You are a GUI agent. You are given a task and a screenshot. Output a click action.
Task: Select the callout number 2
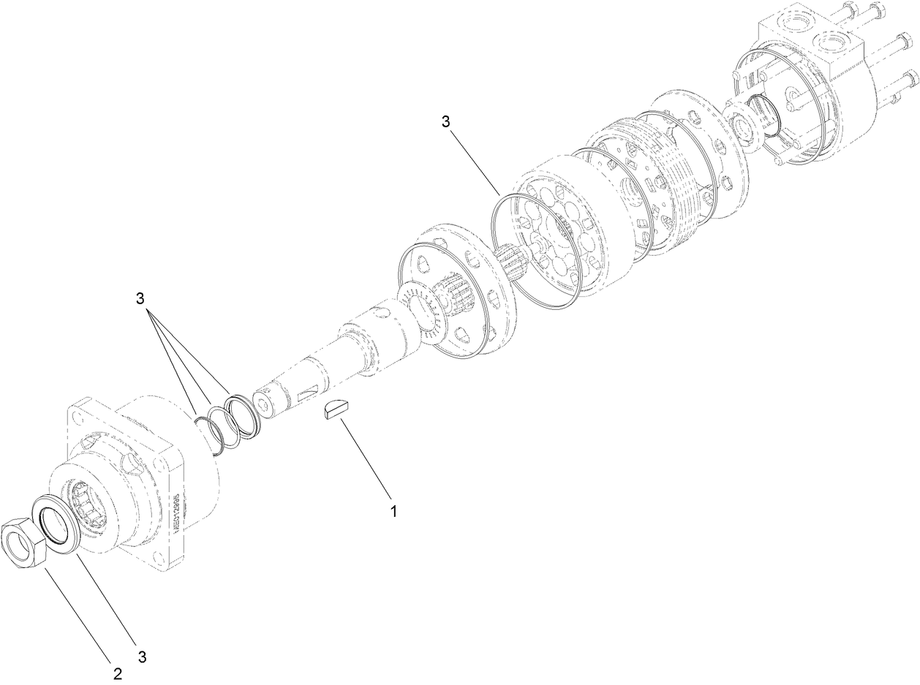click(x=118, y=673)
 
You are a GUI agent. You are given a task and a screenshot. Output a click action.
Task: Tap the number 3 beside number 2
click(x=142, y=656)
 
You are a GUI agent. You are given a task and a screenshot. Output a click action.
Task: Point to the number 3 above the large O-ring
click(x=445, y=121)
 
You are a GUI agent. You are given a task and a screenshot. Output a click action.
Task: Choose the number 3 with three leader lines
click(x=140, y=299)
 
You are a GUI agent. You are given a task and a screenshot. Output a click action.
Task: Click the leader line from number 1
click(x=366, y=461)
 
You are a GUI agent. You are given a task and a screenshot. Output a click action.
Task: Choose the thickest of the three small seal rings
click(x=241, y=417)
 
